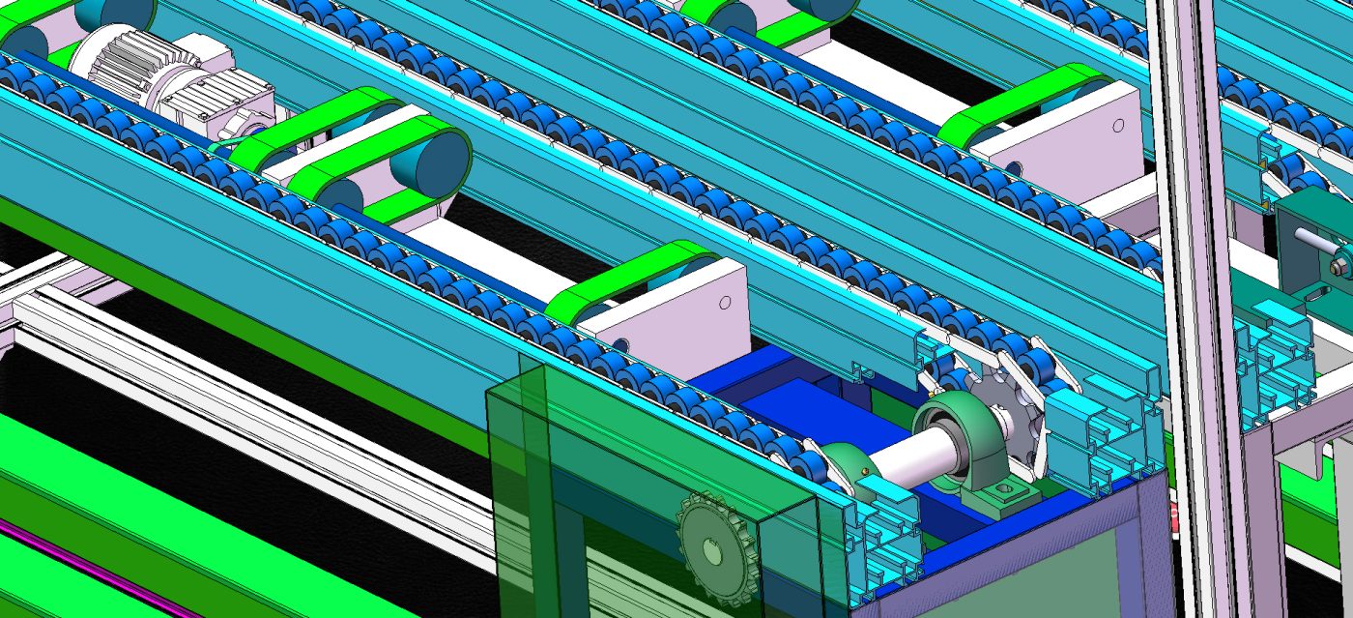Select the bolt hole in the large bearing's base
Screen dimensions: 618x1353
pos(1005,491)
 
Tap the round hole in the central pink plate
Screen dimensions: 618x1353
pos(725,302)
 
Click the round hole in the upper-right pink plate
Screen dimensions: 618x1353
pos(1118,126)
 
